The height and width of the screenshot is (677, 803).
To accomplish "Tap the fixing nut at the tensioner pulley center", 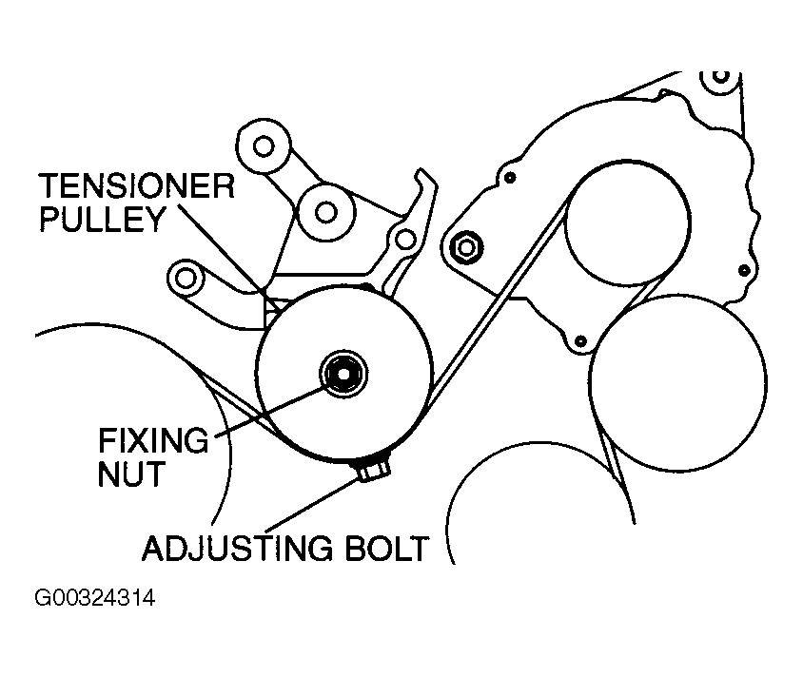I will click(341, 372).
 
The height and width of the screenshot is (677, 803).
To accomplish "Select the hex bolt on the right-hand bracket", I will click(466, 246).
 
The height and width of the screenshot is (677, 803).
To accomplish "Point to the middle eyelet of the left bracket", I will click(323, 210).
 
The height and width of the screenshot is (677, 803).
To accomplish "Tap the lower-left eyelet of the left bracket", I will click(186, 277).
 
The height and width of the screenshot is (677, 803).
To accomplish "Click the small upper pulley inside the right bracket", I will click(626, 224).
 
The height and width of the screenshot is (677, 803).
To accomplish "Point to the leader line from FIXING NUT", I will click(276, 409).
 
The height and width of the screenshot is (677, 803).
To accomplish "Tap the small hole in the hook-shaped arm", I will click(406, 239).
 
